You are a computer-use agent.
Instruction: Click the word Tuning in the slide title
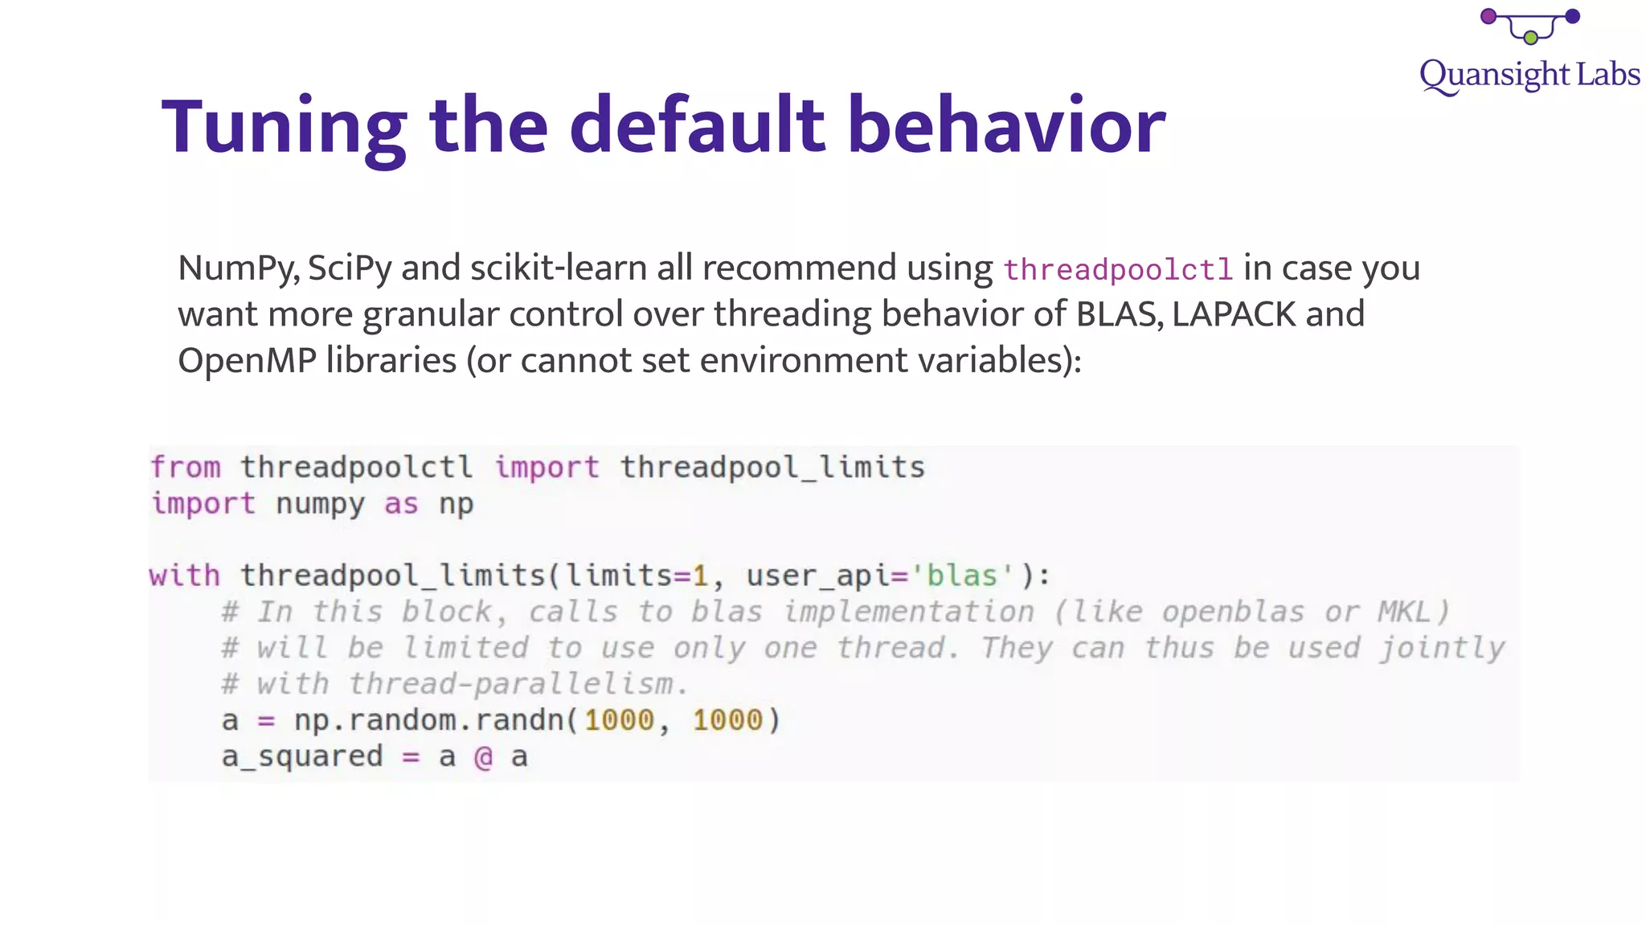[x=284, y=127]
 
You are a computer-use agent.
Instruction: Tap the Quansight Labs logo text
[x=1529, y=75]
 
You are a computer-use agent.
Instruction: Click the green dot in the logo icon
[x=1530, y=38]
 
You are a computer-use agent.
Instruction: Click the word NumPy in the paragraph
[x=238, y=268]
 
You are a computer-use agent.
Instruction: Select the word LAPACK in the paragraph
[x=1234, y=314]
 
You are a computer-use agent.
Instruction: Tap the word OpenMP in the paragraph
[x=247, y=360]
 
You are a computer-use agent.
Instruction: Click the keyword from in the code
[x=186, y=467]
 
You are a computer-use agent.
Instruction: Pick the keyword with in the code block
[x=185, y=576]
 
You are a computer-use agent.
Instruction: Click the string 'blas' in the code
[x=961, y=576]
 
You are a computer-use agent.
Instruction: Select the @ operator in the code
[x=483, y=757]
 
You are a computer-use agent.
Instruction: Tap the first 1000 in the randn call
[x=619, y=720]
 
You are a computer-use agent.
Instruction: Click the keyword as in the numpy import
[x=401, y=504]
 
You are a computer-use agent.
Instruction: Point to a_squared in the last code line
[x=302, y=757]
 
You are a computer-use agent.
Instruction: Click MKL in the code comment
[x=1404, y=612]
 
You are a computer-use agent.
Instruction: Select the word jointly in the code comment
[x=1442, y=648]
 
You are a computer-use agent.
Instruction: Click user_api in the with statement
[x=817, y=576]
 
